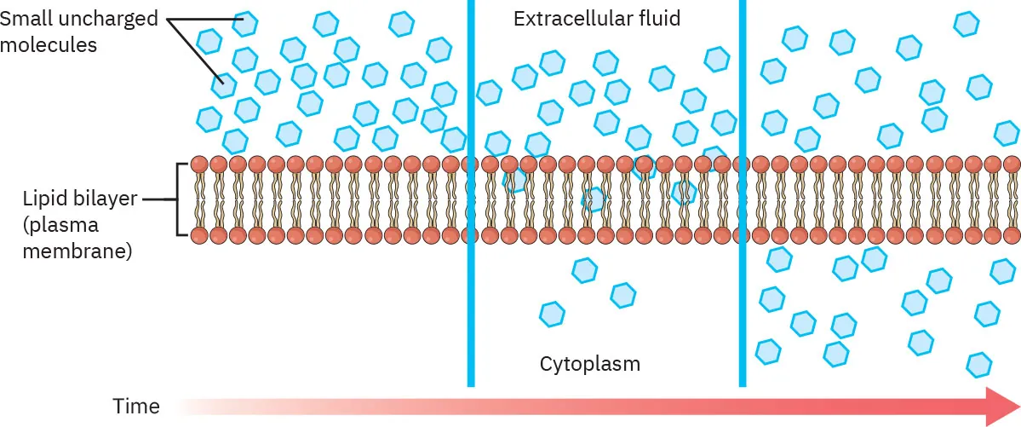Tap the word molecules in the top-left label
point(49,44)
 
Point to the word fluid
point(657,18)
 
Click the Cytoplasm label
point(589,365)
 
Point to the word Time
point(136,407)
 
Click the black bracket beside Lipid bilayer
point(179,199)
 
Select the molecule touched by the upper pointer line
point(245,23)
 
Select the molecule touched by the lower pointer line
point(224,83)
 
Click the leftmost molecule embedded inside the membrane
point(514,180)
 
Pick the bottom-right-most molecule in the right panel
point(979,364)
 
